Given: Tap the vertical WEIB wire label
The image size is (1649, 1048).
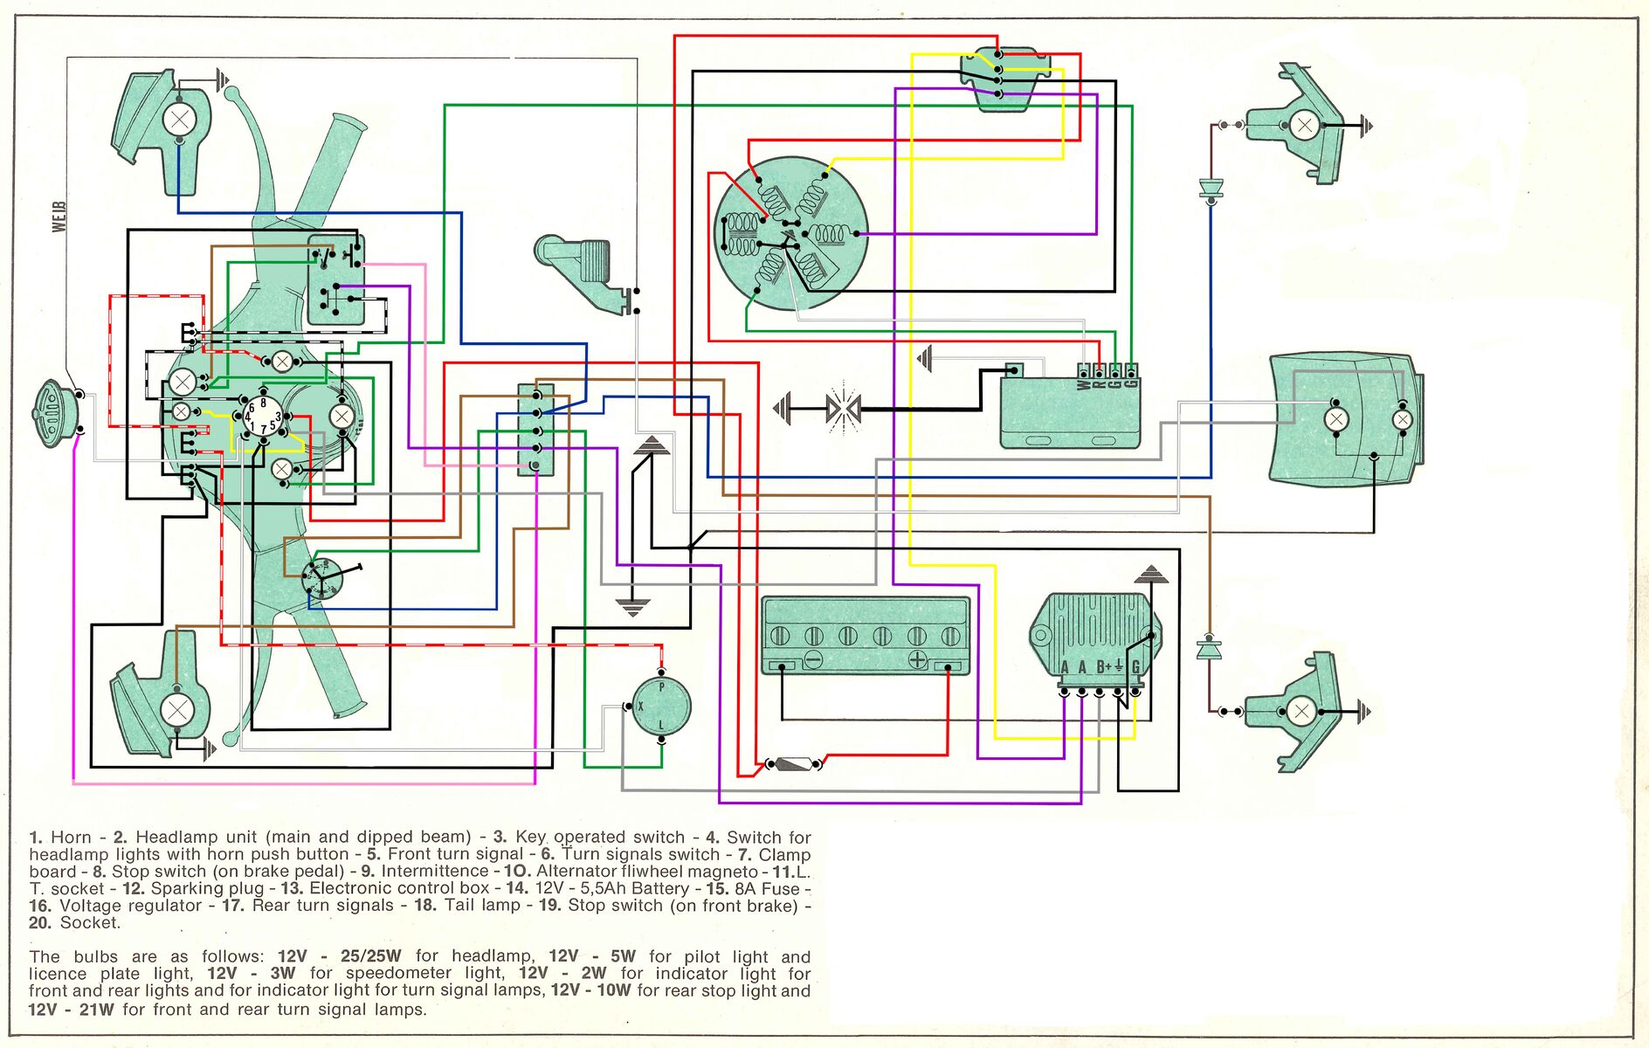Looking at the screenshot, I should click(59, 216).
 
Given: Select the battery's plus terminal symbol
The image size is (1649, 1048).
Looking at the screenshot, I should click(917, 658).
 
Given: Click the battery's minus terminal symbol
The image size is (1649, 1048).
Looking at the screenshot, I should click(812, 658).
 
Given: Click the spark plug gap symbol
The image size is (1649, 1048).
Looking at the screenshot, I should click(843, 407).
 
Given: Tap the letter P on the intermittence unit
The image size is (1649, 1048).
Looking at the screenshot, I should click(661, 687).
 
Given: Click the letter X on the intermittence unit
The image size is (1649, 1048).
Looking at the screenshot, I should click(640, 706).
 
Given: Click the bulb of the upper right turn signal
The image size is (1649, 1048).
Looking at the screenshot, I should click(1304, 126).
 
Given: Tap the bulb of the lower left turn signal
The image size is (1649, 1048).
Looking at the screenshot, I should click(177, 709).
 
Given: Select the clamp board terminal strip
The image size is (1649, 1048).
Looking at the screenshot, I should click(535, 430).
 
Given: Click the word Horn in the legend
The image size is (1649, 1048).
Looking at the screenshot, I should click(71, 838).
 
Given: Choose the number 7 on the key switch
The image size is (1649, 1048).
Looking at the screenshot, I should click(263, 430).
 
